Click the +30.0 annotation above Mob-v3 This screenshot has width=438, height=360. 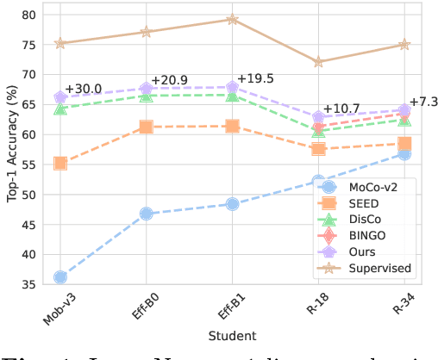pos(83,90)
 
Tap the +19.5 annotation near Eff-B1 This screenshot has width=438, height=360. pos(256,78)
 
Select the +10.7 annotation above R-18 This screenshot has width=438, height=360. pos(342,108)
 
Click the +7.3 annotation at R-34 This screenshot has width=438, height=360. pos(422,102)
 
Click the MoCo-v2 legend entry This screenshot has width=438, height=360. pos(372,186)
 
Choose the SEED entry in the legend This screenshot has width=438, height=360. pos(365,202)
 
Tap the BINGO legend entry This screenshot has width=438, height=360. pos(367,235)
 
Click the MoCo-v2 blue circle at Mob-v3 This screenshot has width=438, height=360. pos(60,276)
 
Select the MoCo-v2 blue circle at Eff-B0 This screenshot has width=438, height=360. pos(147,213)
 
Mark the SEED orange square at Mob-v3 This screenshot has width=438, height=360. pos(60,163)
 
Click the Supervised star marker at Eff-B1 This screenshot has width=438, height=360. pos(233,19)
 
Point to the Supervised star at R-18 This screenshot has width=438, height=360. pos(319,62)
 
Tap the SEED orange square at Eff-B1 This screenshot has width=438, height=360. pos(233,126)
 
